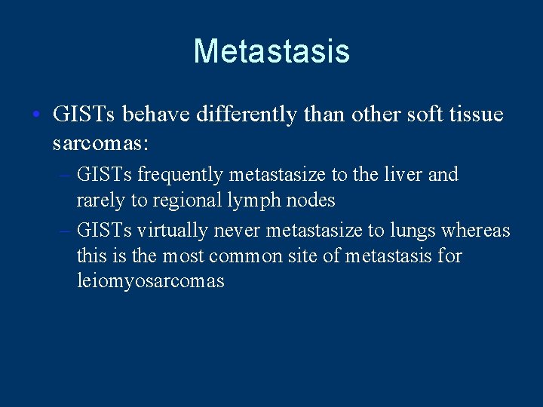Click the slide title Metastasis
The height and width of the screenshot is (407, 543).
(271, 51)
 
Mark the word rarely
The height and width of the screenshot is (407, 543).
(100, 200)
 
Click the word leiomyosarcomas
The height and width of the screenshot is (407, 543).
(151, 283)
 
